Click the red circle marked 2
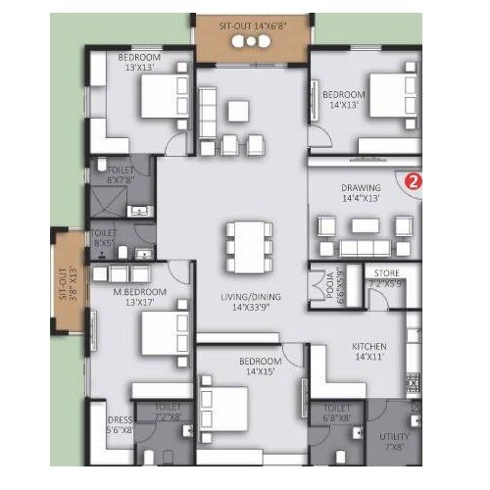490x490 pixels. (414, 181)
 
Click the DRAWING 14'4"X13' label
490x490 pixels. (361, 191)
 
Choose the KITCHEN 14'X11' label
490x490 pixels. (369, 352)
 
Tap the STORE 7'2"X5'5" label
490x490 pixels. (383, 278)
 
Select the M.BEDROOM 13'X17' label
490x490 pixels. (138, 297)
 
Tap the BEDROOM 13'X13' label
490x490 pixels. (140, 64)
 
